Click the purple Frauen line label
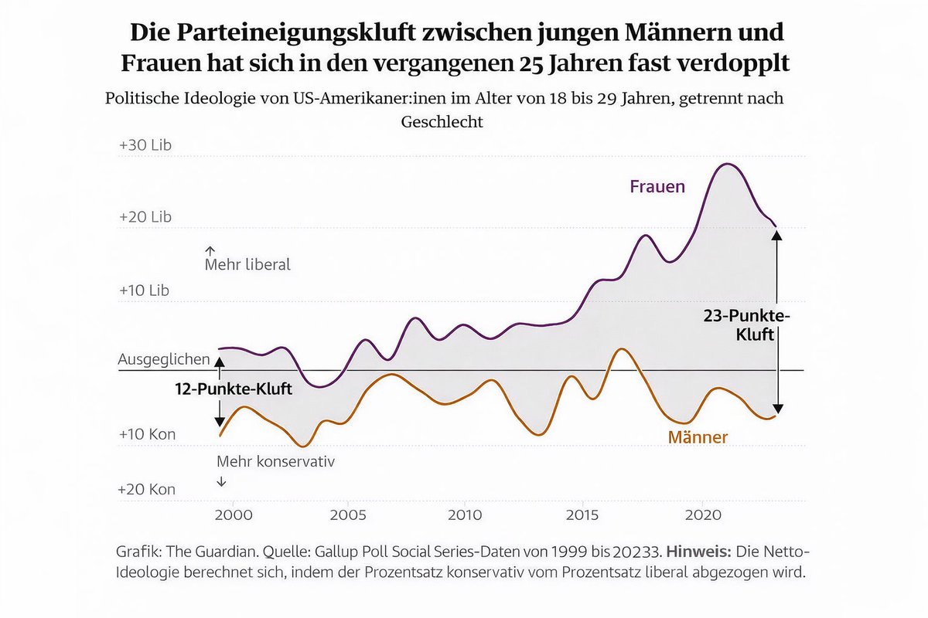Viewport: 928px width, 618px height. tap(657, 187)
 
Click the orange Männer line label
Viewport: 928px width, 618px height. tap(698, 438)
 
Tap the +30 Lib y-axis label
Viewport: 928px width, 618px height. tap(145, 145)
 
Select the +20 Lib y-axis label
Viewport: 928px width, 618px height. tap(145, 217)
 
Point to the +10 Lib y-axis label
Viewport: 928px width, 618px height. tap(145, 290)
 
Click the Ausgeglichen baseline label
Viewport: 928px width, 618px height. tap(164, 359)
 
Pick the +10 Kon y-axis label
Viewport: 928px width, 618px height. tap(146, 434)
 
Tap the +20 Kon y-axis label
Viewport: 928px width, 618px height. tap(146, 489)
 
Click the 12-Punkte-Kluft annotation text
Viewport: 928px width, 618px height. tap(233, 390)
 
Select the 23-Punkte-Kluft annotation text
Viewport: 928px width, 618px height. tap(747, 326)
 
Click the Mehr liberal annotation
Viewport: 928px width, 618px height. tap(247, 264)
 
